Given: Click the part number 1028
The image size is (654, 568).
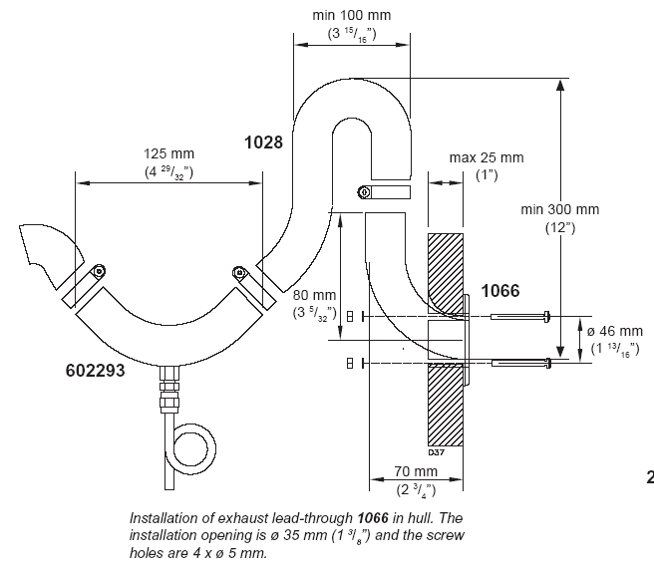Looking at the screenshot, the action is (x=263, y=142).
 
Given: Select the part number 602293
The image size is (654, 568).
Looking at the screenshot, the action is (x=95, y=371).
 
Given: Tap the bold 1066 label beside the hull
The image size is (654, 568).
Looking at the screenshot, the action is (x=500, y=291).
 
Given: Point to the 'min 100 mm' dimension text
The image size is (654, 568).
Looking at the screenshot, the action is (x=352, y=15).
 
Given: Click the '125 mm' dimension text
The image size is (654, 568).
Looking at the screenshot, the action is (x=168, y=153).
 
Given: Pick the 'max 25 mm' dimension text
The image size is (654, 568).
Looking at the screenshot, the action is (x=487, y=157).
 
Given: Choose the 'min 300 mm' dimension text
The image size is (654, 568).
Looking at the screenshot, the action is (x=559, y=209).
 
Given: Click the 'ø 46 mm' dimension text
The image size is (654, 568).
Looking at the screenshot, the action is (x=615, y=331).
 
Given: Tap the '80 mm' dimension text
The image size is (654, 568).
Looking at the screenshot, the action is (x=314, y=295).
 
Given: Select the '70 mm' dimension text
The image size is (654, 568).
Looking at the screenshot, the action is (x=416, y=471).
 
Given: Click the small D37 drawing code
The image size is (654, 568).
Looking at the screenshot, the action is (x=437, y=452).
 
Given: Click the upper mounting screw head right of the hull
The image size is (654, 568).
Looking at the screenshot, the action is (x=547, y=317).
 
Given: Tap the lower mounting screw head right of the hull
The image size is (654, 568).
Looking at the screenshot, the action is (x=549, y=363).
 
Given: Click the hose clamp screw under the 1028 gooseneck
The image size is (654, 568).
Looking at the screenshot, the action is (x=364, y=192).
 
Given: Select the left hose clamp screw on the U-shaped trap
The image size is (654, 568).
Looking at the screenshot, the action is (x=99, y=271).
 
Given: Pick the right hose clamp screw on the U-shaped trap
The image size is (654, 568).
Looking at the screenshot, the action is (x=239, y=272).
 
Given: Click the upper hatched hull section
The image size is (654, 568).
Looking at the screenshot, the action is (x=446, y=273).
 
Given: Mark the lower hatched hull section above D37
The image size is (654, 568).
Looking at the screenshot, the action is (x=446, y=405).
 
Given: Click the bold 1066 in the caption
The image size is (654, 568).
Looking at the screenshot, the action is (x=373, y=518).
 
